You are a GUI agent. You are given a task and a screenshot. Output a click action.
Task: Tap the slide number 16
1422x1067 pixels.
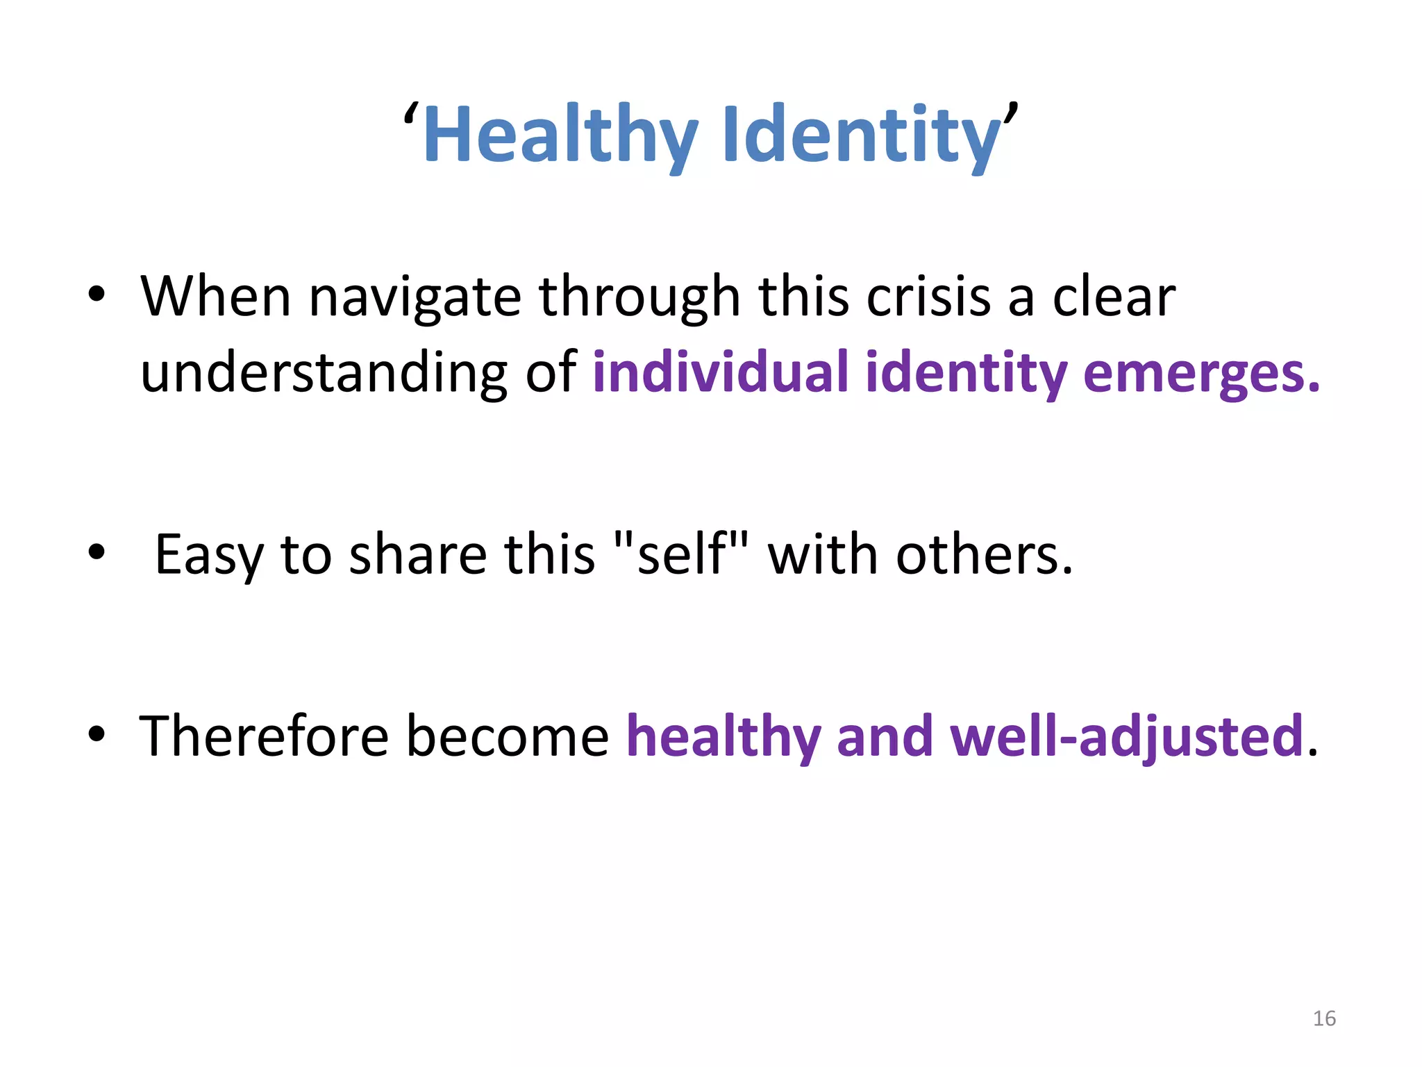[x=1324, y=1018]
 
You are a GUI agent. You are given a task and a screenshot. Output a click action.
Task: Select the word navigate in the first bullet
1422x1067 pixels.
[x=415, y=297]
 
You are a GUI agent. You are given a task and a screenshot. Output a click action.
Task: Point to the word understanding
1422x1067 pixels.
[x=324, y=372]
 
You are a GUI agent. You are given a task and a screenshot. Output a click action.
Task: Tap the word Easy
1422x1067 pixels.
[x=209, y=556]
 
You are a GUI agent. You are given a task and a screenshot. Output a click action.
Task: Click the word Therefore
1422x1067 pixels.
[x=264, y=736]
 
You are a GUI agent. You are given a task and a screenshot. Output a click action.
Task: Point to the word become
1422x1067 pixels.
[x=508, y=736]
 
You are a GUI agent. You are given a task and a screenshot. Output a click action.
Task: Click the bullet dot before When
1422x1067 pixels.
[x=97, y=295]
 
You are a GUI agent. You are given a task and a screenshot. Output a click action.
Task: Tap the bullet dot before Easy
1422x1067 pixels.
[x=97, y=553]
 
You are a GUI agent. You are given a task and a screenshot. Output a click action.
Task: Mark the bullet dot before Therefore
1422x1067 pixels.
[x=97, y=734]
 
